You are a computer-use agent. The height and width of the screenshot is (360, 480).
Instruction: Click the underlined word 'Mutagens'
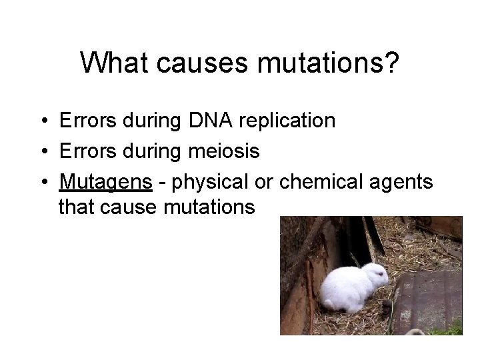tap(99, 181)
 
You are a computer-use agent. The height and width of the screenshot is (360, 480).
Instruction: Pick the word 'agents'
tap(403, 182)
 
